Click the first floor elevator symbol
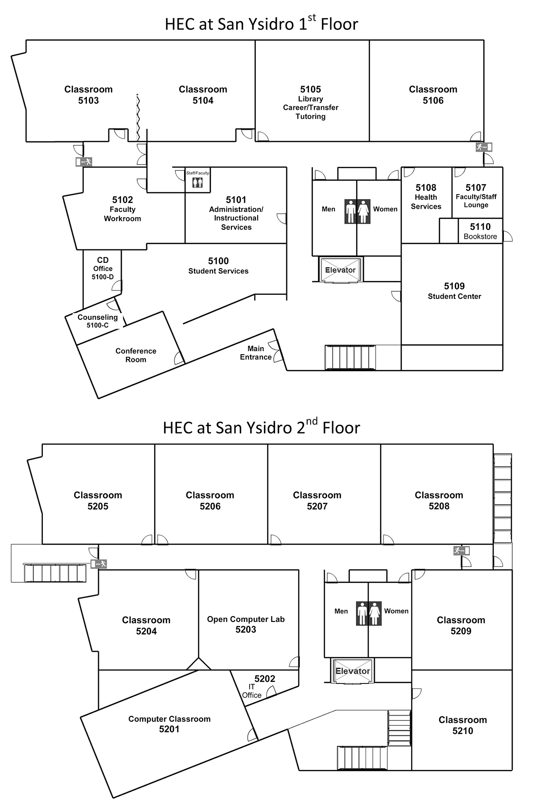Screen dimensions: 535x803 point(340,270)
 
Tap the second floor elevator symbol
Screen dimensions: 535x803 point(353,671)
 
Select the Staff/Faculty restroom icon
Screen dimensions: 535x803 point(198,182)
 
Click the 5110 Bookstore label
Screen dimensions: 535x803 point(480,232)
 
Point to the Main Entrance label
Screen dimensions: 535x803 point(256,353)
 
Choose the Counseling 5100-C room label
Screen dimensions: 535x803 point(98,321)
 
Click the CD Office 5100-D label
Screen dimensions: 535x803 point(103,269)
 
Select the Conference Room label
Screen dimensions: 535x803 point(136,356)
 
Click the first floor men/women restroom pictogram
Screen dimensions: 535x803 point(357,211)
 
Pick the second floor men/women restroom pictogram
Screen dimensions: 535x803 point(369,613)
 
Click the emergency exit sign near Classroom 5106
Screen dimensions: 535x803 point(483,147)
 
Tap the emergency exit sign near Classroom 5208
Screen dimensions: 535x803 point(461,551)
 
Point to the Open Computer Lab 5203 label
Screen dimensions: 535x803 point(246,624)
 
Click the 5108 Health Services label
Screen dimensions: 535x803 point(426,197)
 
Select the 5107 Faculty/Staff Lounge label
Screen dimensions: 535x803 point(476,196)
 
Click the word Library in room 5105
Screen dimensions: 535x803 point(311,99)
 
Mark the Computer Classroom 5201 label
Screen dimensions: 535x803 point(169,724)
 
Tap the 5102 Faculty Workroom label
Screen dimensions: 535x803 point(123,209)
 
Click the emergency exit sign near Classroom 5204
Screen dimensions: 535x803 point(99,564)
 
